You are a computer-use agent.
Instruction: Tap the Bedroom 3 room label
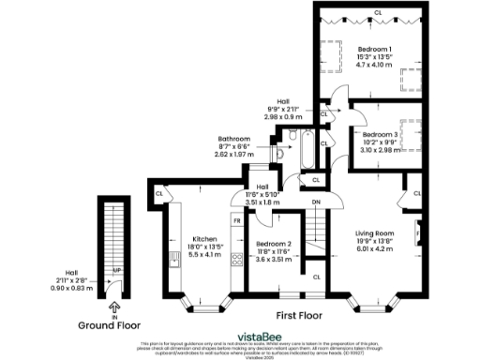382,135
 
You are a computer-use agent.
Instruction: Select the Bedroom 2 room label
275,243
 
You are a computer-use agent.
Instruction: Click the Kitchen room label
204,238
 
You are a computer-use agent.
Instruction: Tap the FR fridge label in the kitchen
237,220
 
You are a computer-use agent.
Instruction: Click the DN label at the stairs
315,202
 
